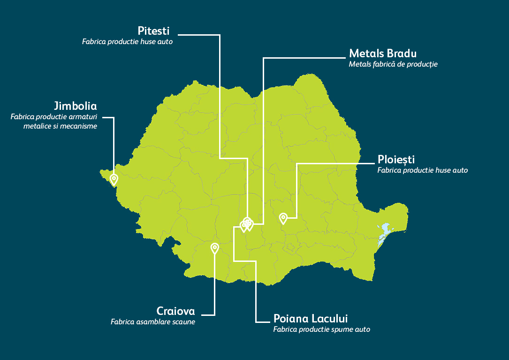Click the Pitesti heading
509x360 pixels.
(x=153, y=31)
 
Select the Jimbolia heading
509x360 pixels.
(x=75, y=105)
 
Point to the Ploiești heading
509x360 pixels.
(x=396, y=160)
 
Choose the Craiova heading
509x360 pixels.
(x=175, y=311)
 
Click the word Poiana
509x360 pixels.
(x=291, y=319)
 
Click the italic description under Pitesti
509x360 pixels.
(x=127, y=42)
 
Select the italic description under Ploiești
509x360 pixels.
(x=422, y=170)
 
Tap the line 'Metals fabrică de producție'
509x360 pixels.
(x=393, y=64)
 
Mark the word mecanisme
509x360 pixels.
(x=80, y=126)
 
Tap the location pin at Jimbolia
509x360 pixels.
(x=114, y=179)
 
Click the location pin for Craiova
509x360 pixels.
(x=215, y=248)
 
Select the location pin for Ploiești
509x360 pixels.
(x=283, y=218)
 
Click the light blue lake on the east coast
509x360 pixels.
(x=385, y=230)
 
